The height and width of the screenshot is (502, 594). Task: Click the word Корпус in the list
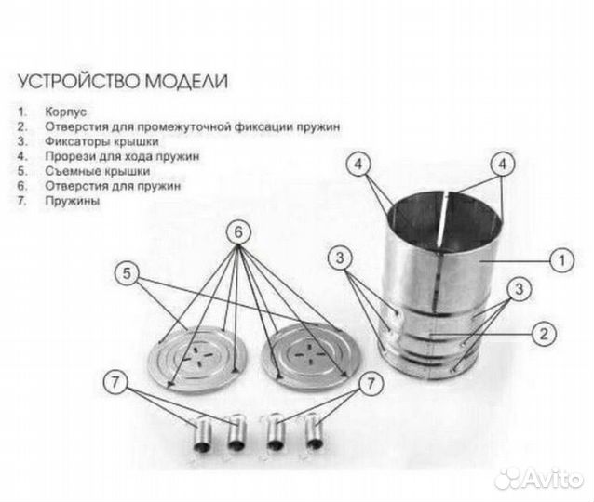pos(65,112)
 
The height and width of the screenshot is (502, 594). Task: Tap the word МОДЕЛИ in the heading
pos(186,81)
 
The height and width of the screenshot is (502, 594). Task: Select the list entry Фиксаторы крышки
pos(101,141)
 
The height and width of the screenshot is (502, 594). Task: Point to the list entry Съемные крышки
pos(98,171)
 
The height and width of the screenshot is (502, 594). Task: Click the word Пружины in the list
pos(73,201)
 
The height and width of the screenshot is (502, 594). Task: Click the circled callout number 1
pos(561,260)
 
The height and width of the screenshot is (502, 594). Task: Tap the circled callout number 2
pos(544,334)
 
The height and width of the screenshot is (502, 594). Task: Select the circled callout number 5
pos(127,273)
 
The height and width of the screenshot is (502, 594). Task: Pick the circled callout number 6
pos(238,231)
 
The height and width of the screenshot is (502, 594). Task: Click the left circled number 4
pos(358,164)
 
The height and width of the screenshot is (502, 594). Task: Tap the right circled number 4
pos(503,164)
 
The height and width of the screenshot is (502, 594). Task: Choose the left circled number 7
pos(115,382)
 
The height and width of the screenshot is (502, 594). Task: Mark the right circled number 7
pos(371,383)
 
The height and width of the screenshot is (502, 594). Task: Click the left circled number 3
pos(340,258)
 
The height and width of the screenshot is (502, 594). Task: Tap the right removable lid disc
pos(310,356)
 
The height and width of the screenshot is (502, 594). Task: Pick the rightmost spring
pos(313,431)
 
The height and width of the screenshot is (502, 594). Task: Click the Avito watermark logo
pos(539,479)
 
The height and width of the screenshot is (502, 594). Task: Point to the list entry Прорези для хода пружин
pos(122,156)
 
